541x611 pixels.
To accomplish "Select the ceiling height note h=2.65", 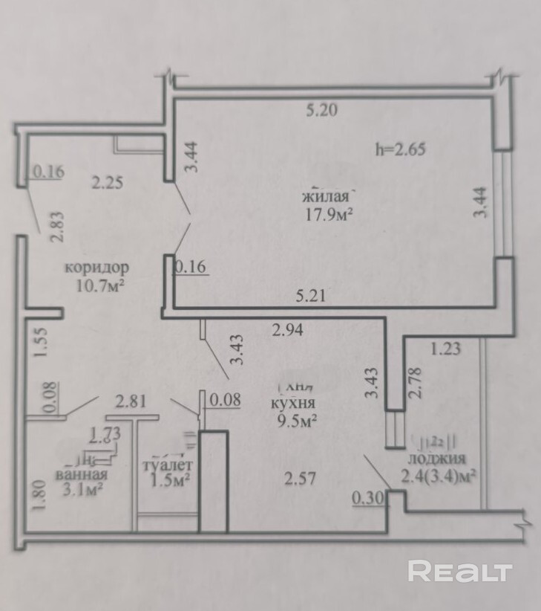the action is pyautogui.click(x=401, y=148).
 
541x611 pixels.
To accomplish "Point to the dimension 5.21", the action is pyautogui.click(x=311, y=296).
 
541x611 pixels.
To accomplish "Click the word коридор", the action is pyautogui.click(x=97, y=266).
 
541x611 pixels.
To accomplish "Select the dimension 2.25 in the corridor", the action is pyautogui.click(x=108, y=181).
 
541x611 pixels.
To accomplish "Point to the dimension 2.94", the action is pyautogui.click(x=289, y=331).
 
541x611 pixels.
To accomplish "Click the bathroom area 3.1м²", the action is pyautogui.click(x=81, y=490).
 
